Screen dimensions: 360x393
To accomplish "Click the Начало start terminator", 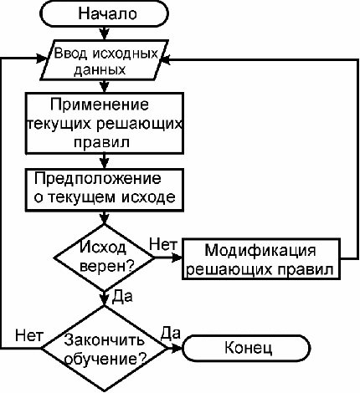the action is point(105,13).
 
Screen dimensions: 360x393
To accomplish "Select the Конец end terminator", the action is point(246,348).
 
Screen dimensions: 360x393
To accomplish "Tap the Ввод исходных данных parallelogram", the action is point(105,60).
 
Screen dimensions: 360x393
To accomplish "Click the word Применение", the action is point(100,105).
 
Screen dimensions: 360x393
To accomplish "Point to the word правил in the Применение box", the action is point(102,142).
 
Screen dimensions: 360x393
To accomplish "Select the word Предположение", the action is point(98,178).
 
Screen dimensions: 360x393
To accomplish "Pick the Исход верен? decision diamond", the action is point(104,258).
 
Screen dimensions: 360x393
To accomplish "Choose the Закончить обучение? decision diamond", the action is point(105,348).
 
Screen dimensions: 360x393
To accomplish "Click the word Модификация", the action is point(260,251).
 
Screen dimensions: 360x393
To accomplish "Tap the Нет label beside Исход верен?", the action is point(163,245).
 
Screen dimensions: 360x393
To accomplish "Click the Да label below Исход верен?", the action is point(122,297).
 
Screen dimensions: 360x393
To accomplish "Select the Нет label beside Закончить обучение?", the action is point(29,335).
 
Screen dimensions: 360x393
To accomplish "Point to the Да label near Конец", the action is point(170,334).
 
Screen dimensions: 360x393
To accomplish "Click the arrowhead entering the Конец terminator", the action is point(177,348).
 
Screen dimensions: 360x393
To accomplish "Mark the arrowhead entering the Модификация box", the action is point(177,258).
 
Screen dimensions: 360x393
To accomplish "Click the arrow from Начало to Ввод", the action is point(104,33).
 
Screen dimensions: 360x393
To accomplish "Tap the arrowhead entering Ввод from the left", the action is point(43,59).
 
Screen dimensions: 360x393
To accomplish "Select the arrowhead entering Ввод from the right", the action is point(165,60).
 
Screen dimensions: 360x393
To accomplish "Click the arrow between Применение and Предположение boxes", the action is point(104,161).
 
